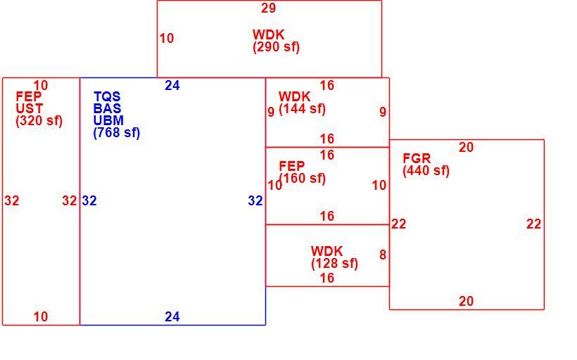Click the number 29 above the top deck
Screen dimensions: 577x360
(268, 8)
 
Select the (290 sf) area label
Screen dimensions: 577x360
(276, 47)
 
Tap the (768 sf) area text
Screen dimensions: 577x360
(117, 133)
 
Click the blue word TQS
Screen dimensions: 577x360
(107, 97)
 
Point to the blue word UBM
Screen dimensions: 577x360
(108, 121)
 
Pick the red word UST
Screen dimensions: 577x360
(30, 109)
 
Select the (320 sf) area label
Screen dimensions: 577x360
(39, 121)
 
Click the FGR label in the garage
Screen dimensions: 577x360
(417, 158)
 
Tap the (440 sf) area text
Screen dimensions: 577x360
(426, 171)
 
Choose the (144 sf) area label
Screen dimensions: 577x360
(302, 109)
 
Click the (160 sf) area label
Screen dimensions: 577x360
(302, 179)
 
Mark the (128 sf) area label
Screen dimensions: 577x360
(334, 264)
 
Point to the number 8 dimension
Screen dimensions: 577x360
(383, 255)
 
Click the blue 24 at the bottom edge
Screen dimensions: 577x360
(172, 316)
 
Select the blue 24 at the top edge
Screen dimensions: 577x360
(172, 86)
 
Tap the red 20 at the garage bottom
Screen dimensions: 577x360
(466, 302)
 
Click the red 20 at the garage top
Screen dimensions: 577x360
(466, 148)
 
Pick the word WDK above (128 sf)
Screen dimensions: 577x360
(326, 252)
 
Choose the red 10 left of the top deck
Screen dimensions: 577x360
(166, 38)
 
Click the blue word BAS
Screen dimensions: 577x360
(108, 108)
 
